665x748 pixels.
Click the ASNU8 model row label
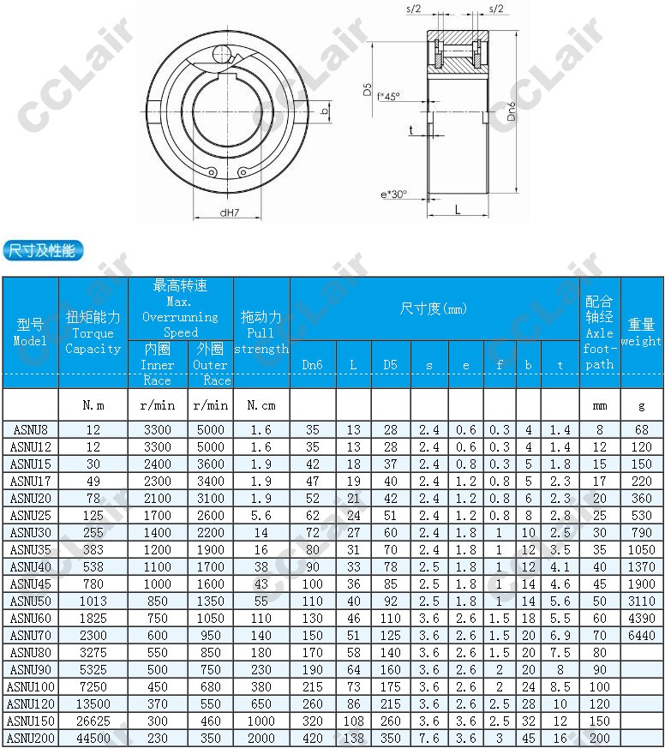click(30, 429)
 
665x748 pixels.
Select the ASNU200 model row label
click(30, 739)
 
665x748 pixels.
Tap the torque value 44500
click(93, 739)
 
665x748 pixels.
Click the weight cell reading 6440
click(641, 635)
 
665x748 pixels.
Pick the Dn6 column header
click(313, 365)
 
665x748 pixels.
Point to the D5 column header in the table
click(390, 365)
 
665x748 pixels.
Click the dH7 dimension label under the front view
click(229, 212)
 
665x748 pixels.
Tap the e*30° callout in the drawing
click(394, 195)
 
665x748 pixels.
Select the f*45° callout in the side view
click(388, 97)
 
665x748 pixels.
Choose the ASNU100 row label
click(30, 686)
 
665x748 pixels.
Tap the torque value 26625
click(93, 721)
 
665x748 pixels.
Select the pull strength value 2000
click(261, 739)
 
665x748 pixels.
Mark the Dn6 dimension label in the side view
click(512, 111)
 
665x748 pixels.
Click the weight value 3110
click(641, 601)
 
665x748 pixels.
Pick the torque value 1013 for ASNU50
click(93, 601)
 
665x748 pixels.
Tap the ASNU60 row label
click(30, 618)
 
